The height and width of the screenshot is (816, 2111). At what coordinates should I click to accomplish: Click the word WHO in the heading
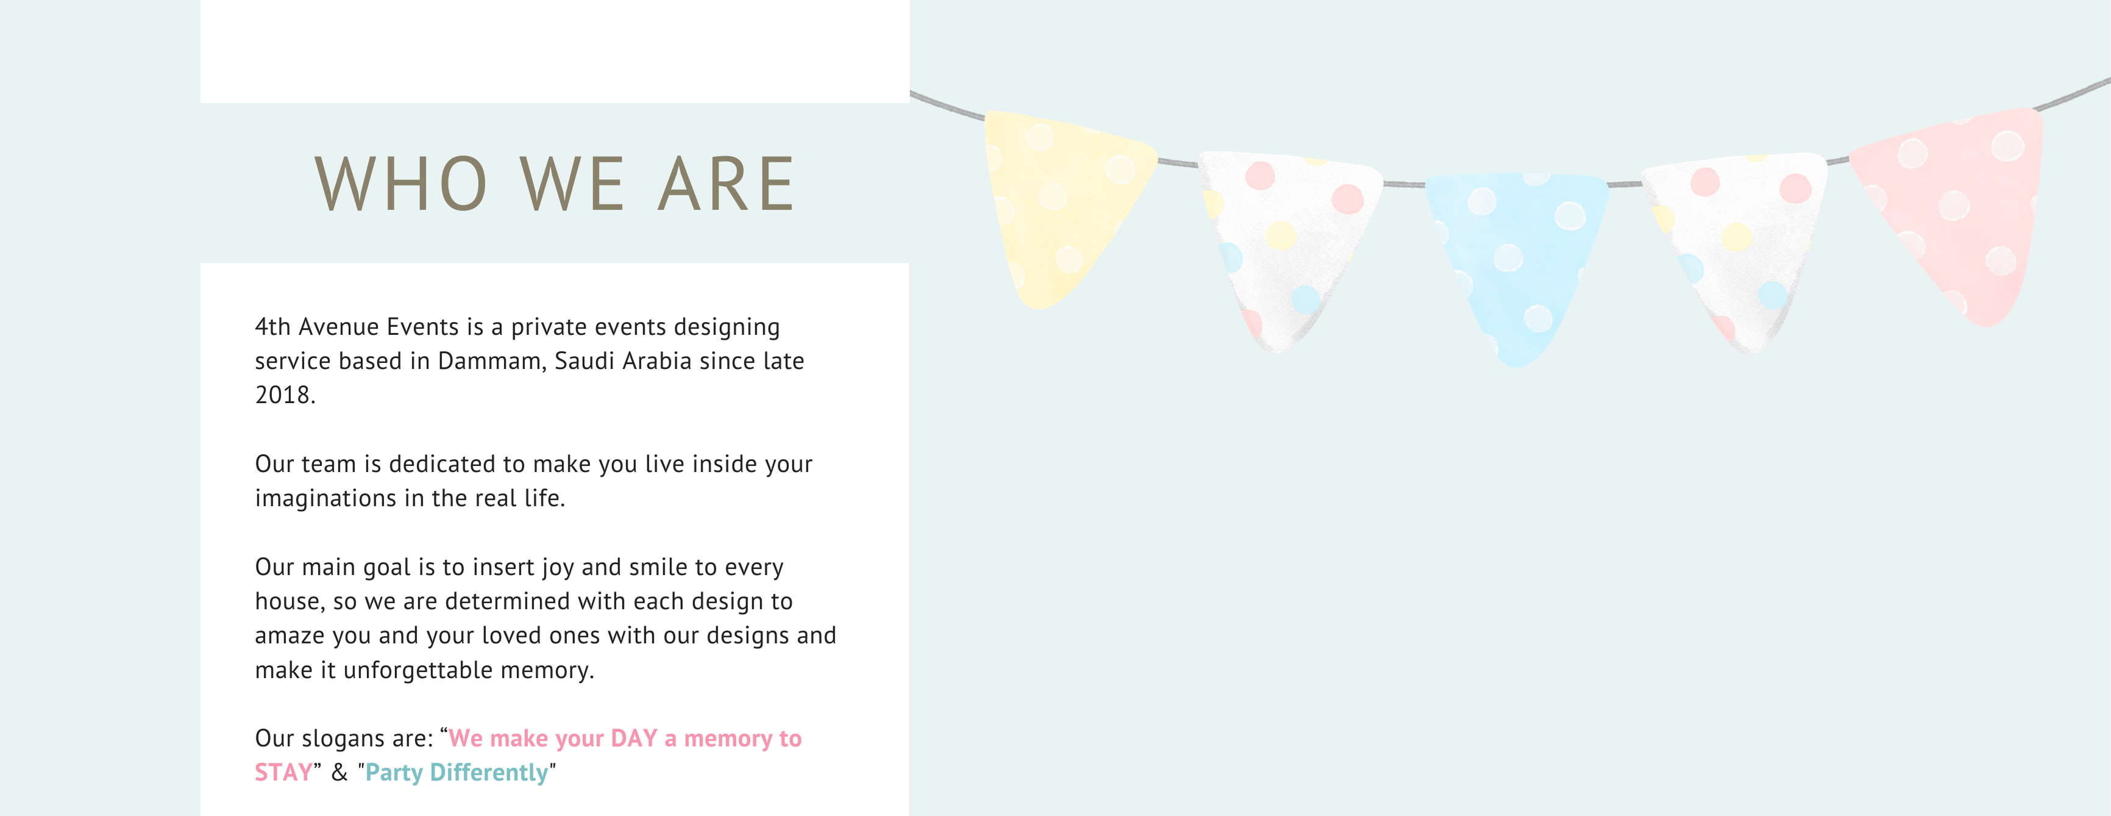[x=402, y=184]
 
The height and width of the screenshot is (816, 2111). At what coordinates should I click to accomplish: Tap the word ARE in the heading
[x=726, y=184]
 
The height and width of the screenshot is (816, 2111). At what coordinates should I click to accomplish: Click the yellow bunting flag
[x=1066, y=205]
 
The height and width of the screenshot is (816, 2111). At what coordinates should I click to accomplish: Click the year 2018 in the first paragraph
[x=284, y=395]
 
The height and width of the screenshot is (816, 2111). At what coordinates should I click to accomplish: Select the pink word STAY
[x=283, y=773]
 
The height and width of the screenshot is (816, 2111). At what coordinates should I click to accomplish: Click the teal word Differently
[x=489, y=773]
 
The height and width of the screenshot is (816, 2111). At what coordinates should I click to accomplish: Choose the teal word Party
[x=394, y=773]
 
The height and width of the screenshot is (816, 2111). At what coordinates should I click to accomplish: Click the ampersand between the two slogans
[x=340, y=773]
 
